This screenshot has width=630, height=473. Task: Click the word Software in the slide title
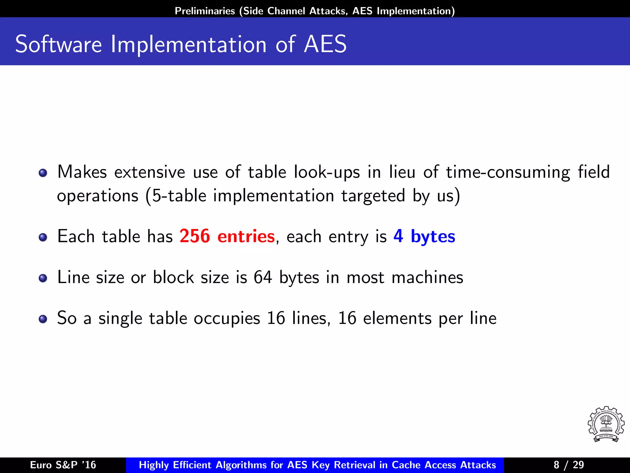click(x=58, y=45)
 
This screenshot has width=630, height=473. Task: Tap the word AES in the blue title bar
click(x=325, y=45)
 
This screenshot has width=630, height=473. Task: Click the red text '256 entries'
click(x=227, y=236)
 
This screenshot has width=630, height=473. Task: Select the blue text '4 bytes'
click(x=424, y=236)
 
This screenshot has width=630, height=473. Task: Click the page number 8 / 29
click(x=568, y=465)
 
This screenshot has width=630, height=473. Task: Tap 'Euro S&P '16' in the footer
click(x=63, y=465)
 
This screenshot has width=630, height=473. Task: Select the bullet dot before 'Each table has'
click(x=43, y=237)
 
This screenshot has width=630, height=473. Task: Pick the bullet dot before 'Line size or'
click(x=43, y=278)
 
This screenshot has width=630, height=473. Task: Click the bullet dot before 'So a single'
click(x=43, y=319)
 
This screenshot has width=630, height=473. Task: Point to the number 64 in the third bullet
click(x=263, y=277)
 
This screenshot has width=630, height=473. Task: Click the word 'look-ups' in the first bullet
click(x=327, y=172)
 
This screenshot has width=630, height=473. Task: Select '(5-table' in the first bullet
click(x=176, y=196)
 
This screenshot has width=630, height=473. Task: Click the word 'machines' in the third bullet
click(x=427, y=277)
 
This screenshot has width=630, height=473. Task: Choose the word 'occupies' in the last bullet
click(x=227, y=318)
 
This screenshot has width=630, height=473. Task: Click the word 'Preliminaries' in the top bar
click(x=205, y=11)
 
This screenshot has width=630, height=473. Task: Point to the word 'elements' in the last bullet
click(x=397, y=318)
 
